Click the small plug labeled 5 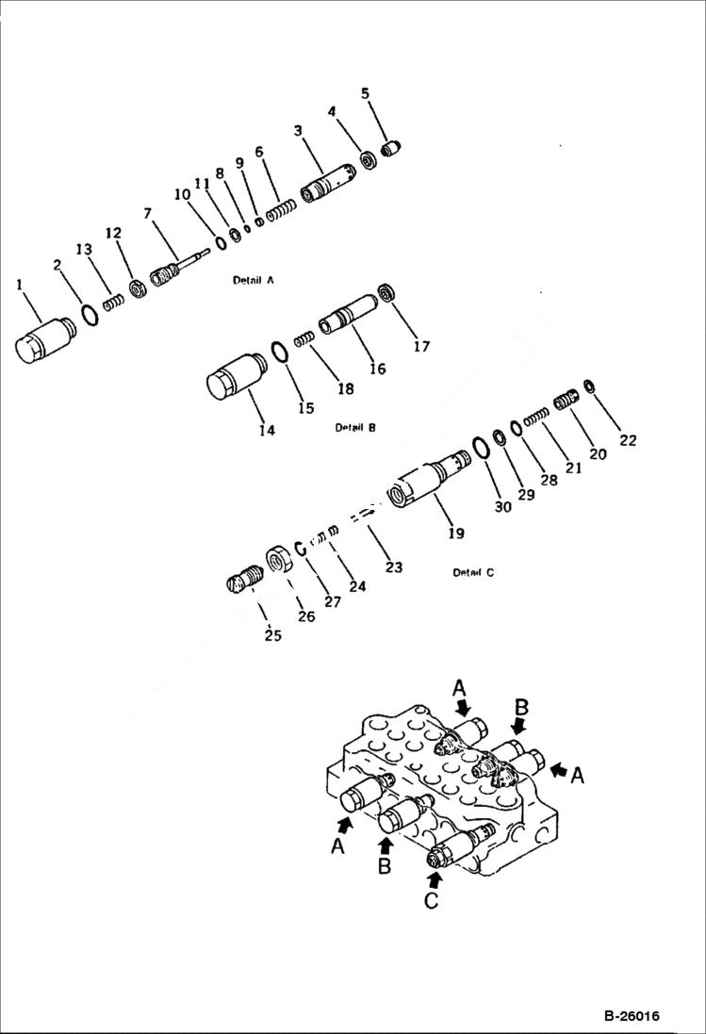[392, 148]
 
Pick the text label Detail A [252, 280]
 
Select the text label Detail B [355, 427]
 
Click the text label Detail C [472, 572]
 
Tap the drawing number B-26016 [631, 1016]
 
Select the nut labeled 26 [280, 559]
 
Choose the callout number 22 [628, 439]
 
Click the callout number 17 [421, 347]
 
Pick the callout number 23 [393, 567]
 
